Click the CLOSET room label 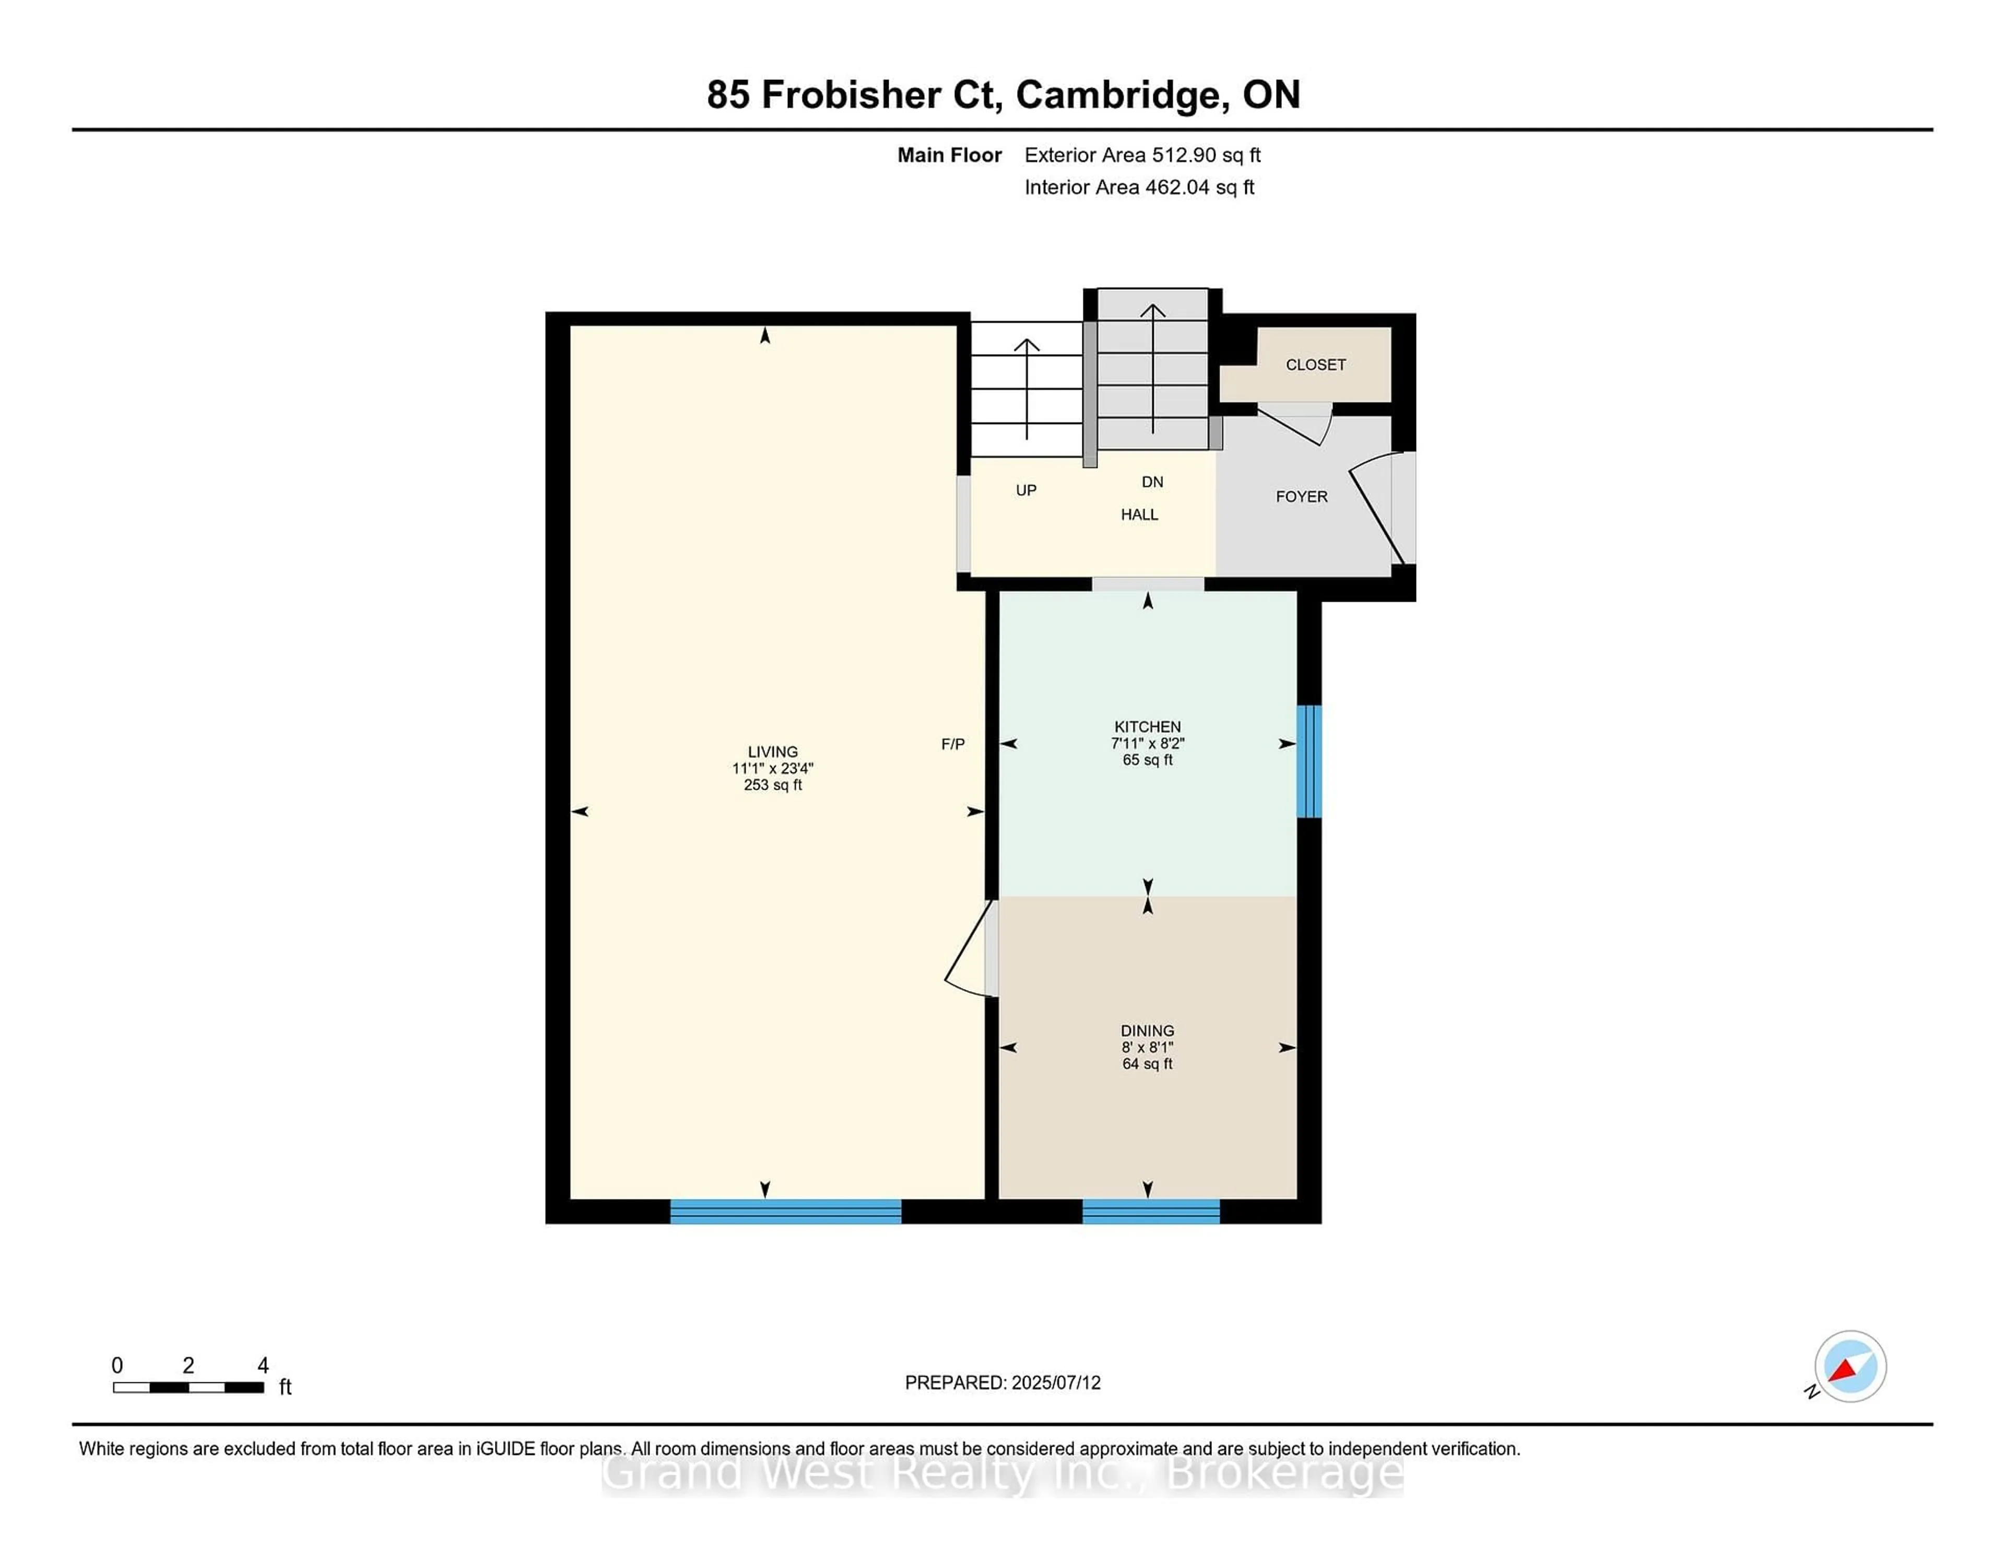click(x=1315, y=365)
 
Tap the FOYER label click(x=1301, y=497)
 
